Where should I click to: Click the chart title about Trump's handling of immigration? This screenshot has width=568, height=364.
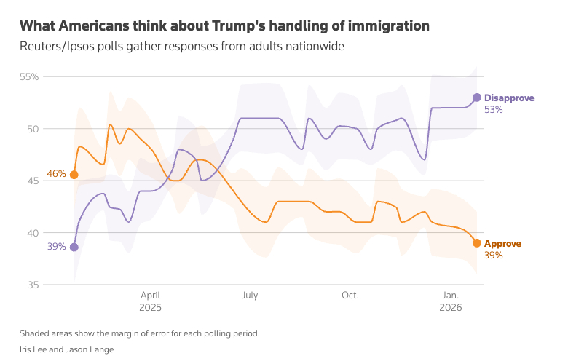coord(224,26)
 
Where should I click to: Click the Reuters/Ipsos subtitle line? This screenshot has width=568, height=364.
coord(181,47)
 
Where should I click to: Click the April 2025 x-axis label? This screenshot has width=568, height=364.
coord(150,301)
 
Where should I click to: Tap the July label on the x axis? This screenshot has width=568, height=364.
coord(250,296)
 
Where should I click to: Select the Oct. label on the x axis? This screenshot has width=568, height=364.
coord(350,296)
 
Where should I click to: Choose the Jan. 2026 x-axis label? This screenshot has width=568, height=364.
coord(450,301)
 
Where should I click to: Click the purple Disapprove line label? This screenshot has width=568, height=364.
coord(509,98)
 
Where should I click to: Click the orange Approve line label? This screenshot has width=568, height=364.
coord(502,244)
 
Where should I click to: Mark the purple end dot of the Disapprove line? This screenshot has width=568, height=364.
coord(477,98)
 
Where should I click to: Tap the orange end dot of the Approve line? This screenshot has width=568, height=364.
coord(477,243)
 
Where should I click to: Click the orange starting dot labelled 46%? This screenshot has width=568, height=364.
coord(74,175)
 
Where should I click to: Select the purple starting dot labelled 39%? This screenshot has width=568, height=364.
coord(74,248)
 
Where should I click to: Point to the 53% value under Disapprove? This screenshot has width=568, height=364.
coord(494,110)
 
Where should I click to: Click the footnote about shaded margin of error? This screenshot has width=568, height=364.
coord(139,333)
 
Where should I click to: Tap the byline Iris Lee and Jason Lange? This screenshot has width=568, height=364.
coord(66,349)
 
